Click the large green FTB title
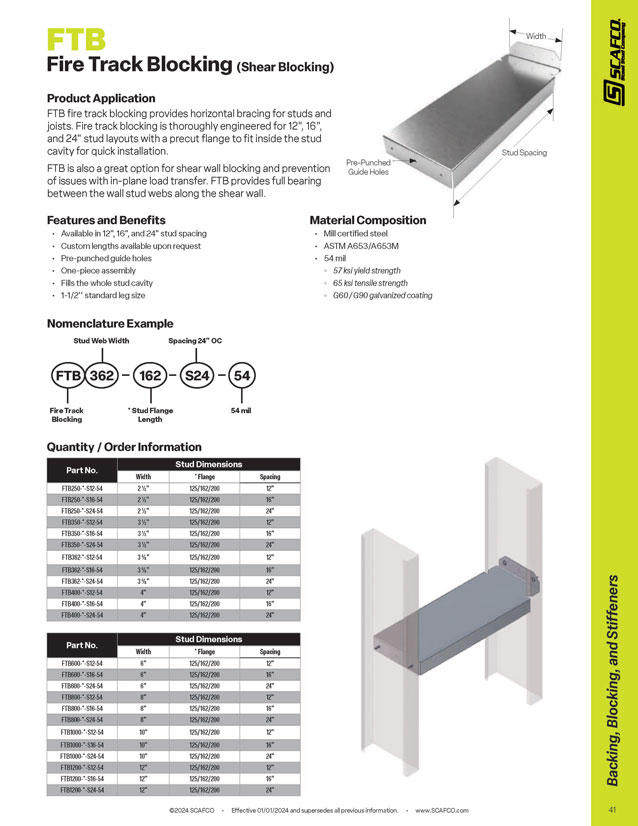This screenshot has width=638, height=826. (76, 40)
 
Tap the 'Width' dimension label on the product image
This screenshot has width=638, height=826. (536, 36)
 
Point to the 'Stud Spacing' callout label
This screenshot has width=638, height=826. (524, 152)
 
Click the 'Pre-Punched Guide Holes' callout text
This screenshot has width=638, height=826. (370, 167)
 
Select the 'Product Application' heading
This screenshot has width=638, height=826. (101, 98)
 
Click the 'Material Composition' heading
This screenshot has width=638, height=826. (367, 220)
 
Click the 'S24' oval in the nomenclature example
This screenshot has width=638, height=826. (197, 376)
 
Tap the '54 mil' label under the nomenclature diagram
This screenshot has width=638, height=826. (242, 410)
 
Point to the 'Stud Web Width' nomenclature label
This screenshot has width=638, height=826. (101, 341)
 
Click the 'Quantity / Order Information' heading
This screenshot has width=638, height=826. (124, 446)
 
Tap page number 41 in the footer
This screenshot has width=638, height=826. (611, 809)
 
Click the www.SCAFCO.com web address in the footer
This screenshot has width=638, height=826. (442, 809)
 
